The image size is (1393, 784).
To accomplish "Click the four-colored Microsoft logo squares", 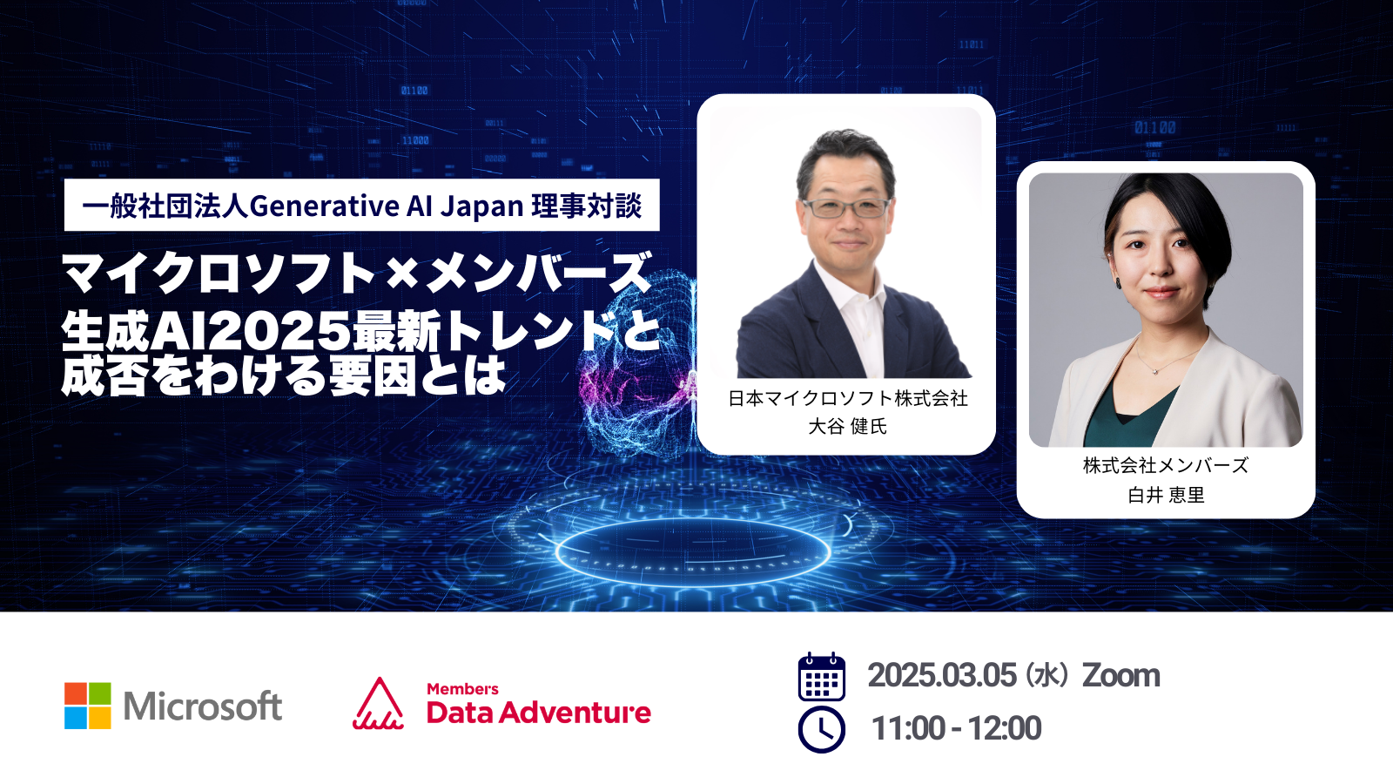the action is point(88,705).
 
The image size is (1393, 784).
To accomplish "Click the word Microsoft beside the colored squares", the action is point(203,706).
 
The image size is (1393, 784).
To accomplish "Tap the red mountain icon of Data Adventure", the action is point(378,703).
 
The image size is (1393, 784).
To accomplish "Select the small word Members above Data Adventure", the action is point(462,689).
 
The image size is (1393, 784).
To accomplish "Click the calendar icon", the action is point(822,676).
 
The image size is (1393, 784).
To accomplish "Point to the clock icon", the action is point(822,729).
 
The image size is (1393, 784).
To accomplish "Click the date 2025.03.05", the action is point(942,675).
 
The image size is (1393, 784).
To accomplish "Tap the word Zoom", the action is point(1121,676).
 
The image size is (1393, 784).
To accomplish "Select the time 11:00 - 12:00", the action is point(957,728).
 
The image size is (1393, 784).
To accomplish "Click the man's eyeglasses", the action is point(847,207).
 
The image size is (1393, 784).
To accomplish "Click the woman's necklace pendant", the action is point(1155,371).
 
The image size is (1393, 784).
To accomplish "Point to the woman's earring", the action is point(1118,283).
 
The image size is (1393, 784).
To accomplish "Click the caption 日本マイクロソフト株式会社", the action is point(848,398).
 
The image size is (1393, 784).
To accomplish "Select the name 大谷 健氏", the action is point(847,426).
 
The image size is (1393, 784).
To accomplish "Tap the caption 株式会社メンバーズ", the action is point(1166,465).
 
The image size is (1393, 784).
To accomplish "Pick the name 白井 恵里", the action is point(1166,495).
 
